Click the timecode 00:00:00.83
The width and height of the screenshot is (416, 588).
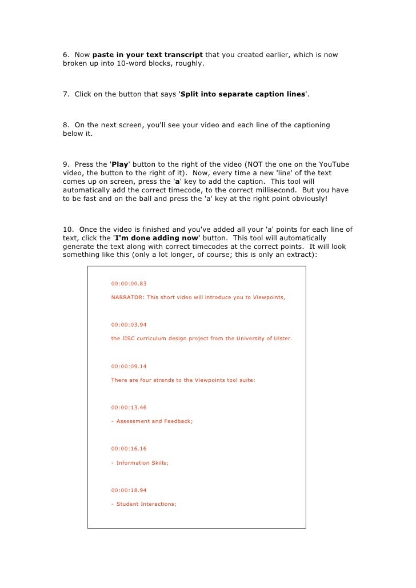pyautogui.click(x=129, y=283)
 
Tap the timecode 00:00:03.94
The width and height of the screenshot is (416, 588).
pyautogui.click(x=129, y=324)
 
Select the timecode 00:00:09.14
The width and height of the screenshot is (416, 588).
pyautogui.click(x=129, y=366)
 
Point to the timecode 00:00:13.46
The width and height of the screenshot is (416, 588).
pyautogui.click(x=129, y=408)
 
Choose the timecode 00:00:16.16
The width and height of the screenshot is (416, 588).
pyautogui.click(x=129, y=449)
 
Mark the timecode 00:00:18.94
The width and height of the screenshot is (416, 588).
pyautogui.click(x=129, y=490)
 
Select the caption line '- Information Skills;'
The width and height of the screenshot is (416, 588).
pyautogui.click(x=139, y=462)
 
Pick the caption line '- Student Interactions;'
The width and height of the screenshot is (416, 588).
pyautogui.click(x=144, y=504)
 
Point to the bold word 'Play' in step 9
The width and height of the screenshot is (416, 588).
pyautogui.click(x=120, y=164)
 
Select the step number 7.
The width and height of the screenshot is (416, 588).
pyautogui.click(x=66, y=94)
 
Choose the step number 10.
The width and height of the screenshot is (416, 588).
pyautogui.click(x=67, y=229)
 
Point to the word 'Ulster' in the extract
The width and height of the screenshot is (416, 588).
pyautogui.click(x=281, y=339)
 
